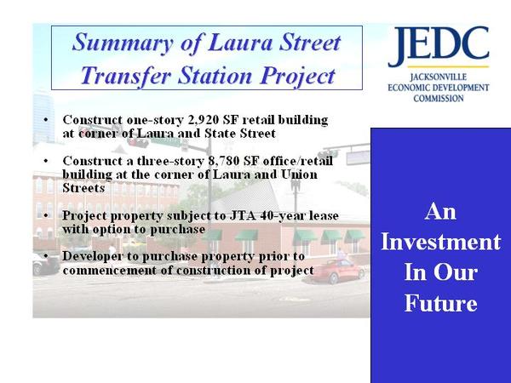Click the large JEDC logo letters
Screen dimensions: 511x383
pos(439,46)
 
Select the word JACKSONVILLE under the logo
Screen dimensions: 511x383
pos(439,77)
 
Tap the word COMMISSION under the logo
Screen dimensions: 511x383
pos(439,98)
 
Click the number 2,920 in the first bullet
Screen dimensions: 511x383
pos(203,120)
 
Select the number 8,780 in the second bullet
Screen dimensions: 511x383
pos(222,161)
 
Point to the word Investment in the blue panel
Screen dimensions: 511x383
pos(440,242)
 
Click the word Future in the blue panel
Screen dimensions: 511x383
pos(440,303)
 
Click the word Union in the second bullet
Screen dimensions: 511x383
pos(299,174)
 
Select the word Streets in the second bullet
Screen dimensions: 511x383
pos(83,188)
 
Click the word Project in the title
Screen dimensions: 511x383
pos(297,77)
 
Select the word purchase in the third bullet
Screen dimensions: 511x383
pos(177,230)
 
